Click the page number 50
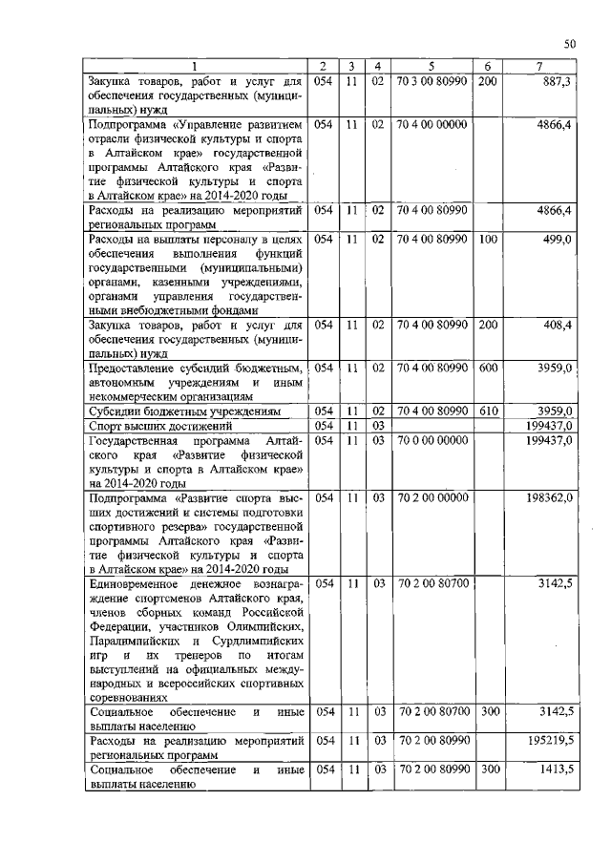[569, 43]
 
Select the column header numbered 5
[432, 66]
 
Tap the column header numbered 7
[541, 66]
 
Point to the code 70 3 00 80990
[432, 82]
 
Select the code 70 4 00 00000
[432, 124]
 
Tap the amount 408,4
[556, 325]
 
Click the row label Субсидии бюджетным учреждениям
[184, 411]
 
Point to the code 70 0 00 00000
[432, 440]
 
